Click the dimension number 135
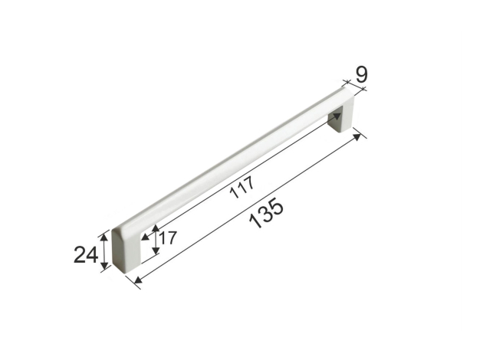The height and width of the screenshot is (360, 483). coord(266,214)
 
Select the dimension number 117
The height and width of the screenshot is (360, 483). coord(243,187)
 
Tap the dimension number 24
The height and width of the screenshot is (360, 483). coord(86,255)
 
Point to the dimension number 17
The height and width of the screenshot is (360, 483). coord(168,237)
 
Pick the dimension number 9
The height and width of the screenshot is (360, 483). coord(361,74)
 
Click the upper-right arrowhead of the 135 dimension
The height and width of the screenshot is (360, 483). coord(357,137)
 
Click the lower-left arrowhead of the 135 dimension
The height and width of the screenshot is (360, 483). coord(138,280)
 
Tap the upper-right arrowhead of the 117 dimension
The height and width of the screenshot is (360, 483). coord(337,116)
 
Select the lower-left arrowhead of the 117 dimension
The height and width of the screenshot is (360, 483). coord(145,237)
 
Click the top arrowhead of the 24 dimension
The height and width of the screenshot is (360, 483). coord(105,237)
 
